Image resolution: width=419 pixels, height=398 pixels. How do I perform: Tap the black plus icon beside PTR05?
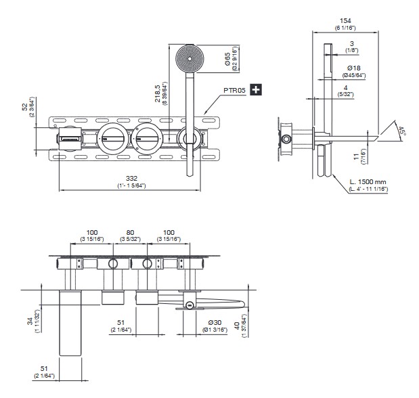pyautogui.click(x=256, y=89)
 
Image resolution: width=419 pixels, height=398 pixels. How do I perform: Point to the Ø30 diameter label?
pyautogui.click(x=215, y=322)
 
